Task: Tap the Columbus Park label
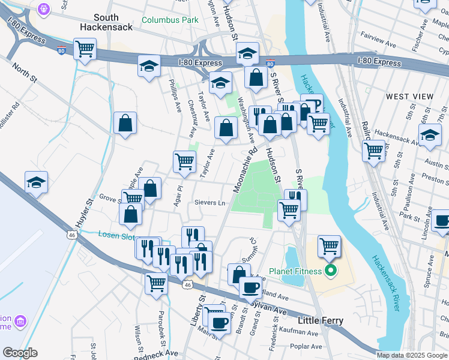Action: tap(170, 20)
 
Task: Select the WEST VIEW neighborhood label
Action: tap(409, 97)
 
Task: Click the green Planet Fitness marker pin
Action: tap(329, 272)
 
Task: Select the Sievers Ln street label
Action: tap(209, 203)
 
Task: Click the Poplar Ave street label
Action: tap(306, 346)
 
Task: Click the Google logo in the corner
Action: tap(20, 353)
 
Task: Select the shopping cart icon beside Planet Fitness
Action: tap(329, 245)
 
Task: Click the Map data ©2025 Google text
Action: tap(412, 355)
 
